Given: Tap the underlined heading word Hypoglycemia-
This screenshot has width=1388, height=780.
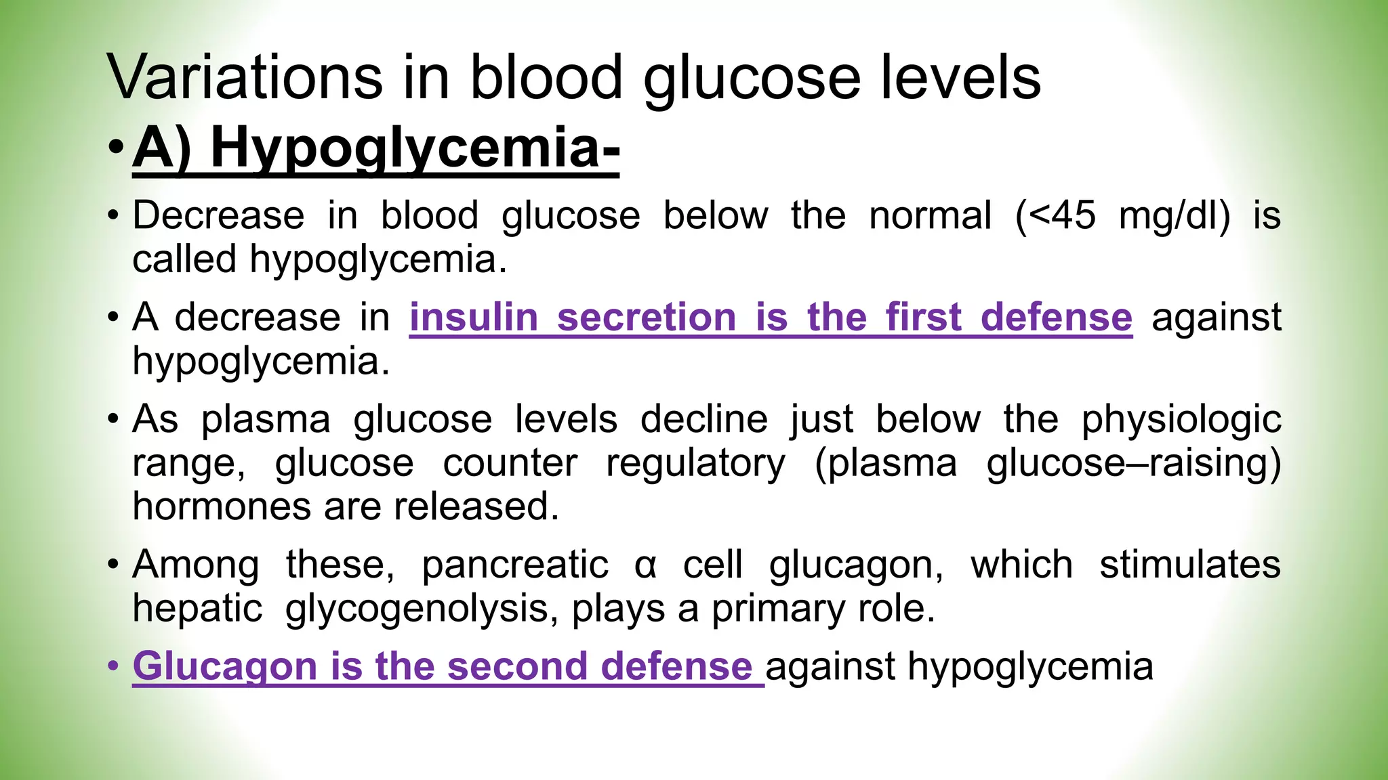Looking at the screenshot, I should point(415,148).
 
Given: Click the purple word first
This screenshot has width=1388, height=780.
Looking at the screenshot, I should point(923,318).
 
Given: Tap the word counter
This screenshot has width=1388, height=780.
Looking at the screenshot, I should point(510,464).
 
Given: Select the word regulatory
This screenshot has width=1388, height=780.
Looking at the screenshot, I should point(695,464).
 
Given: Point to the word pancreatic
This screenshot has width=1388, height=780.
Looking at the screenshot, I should point(515,565).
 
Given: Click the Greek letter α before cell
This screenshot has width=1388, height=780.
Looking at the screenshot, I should point(645,566).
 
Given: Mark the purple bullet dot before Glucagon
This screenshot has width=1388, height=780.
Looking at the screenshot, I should point(113,667).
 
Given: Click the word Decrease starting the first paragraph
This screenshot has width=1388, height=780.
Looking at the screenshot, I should point(218,216).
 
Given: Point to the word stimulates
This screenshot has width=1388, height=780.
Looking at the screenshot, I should point(1189,565).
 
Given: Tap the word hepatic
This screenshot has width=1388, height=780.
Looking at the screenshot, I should point(197,609).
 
